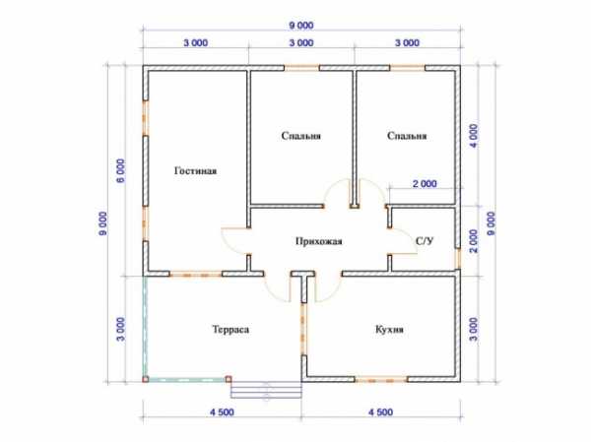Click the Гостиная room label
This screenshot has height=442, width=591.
[x=195, y=171]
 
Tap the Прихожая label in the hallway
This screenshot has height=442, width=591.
[x=318, y=241]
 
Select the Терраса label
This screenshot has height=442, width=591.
[x=230, y=330]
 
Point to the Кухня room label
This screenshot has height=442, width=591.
[x=389, y=330]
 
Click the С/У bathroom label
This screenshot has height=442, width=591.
[x=425, y=241]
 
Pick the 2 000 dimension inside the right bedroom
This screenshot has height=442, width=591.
[x=425, y=184]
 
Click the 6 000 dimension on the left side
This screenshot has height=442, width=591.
[x=120, y=170]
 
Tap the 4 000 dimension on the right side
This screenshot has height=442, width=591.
[x=474, y=136]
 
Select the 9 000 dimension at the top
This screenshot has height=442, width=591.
[x=301, y=26]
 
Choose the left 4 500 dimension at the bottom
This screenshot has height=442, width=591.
[x=222, y=412]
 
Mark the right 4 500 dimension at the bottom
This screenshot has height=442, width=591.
[x=380, y=412]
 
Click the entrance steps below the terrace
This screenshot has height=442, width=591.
[x=266, y=390]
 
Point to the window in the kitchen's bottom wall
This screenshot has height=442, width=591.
[x=380, y=379]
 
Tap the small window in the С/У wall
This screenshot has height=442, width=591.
[x=458, y=259]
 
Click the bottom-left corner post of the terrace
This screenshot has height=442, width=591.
[x=146, y=379]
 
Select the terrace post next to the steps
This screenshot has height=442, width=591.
[x=229, y=379]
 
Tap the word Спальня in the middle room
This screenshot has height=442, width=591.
[x=301, y=136]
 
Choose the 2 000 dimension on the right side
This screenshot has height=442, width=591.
[x=474, y=241]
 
